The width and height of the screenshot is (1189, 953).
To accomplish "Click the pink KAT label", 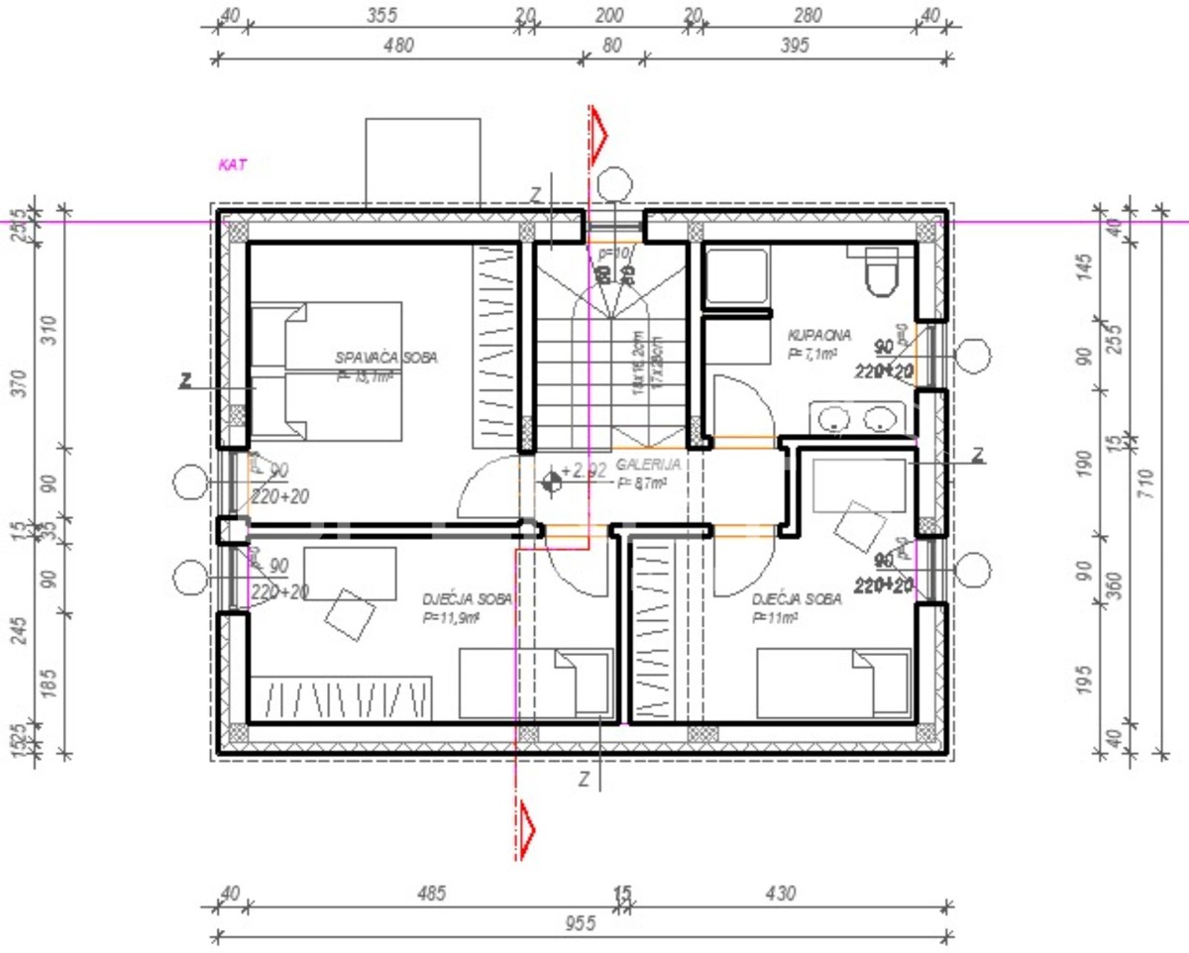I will click(x=232, y=165).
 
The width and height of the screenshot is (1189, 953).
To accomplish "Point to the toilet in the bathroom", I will click(x=881, y=272).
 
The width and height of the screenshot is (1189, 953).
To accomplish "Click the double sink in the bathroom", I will click(x=858, y=419).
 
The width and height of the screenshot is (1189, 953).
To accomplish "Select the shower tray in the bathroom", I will click(x=735, y=277).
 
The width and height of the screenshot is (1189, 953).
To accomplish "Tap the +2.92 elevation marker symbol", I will click(x=552, y=481).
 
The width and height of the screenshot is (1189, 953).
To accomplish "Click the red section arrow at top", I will click(x=598, y=133).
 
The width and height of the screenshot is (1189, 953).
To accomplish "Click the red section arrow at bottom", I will click(x=526, y=828).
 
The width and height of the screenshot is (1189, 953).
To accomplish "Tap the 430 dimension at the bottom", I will click(x=780, y=894).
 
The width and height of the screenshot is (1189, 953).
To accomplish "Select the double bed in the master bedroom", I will click(x=327, y=371).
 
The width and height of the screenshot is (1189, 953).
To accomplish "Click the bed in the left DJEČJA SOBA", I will click(x=536, y=683).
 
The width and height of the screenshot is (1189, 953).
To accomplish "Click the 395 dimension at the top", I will click(x=795, y=45).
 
